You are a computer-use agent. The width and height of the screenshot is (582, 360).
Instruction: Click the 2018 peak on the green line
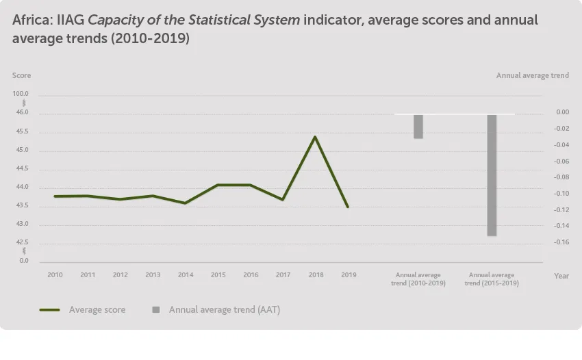click(x=314, y=137)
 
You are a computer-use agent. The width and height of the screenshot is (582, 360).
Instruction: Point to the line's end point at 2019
click(x=348, y=207)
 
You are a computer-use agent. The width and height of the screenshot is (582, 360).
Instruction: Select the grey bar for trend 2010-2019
click(x=418, y=127)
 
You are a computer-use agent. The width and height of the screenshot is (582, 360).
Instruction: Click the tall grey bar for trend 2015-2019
click(x=492, y=175)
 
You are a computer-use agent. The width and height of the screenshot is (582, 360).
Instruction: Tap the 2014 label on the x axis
click(x=186, y=275)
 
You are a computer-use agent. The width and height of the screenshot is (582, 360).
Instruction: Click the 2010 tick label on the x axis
click(x=55, y=275)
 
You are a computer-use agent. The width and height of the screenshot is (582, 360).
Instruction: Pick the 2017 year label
click(x=283, y=275)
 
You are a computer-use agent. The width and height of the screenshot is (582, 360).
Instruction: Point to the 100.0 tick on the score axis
click(x=21, y=94)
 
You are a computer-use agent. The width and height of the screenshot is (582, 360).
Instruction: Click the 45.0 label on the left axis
click(x=21, y=150)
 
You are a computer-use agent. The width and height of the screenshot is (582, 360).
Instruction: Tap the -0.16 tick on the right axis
click(x=562, y=242)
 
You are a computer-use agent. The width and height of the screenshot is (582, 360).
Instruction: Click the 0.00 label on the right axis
click(x=562, y=112)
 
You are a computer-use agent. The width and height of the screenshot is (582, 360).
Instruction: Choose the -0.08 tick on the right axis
click(x=562, y=177)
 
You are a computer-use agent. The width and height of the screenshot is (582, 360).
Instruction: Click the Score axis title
click(x=21, y=75)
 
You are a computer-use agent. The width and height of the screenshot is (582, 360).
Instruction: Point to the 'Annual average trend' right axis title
click(x=532, y=75)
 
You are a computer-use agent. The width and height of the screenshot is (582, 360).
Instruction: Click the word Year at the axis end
click(x=561, y=276)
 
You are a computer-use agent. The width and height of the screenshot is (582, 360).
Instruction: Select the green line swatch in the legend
click(x=50, y=310)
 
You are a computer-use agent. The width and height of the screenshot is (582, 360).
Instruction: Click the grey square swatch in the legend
click(x=156, y=310)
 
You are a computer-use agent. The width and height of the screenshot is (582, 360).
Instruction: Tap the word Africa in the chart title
click(x=29, y=20)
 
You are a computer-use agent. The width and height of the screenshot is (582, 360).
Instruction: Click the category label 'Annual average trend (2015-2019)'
click(x=492, y=279)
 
